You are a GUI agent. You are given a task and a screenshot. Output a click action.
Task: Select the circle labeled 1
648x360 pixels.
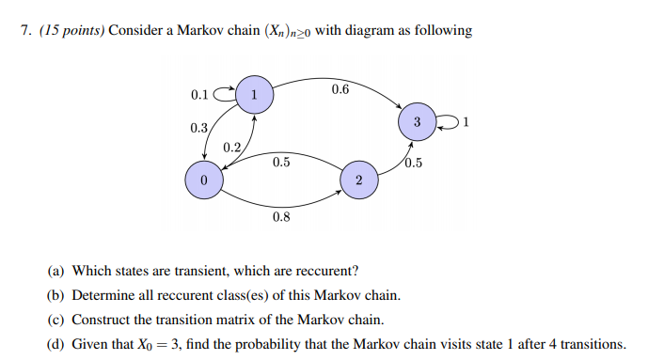[253, 94]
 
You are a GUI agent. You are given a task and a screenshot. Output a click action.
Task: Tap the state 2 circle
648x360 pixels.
[358, 180]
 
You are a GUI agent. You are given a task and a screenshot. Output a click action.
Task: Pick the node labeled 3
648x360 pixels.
[416, 122]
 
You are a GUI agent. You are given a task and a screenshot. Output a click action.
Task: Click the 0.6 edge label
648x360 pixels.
[340, 89]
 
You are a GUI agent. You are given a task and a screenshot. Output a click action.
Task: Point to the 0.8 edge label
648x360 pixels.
[280, 217]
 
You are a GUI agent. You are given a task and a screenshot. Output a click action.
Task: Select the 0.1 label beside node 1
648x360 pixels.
[199, 95]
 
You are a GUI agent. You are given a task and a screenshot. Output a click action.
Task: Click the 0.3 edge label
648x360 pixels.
[198, 128]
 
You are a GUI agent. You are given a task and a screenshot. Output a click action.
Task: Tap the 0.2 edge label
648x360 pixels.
[231, 148]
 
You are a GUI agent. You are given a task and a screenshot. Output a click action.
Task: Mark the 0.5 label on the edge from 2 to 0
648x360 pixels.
[280, 162]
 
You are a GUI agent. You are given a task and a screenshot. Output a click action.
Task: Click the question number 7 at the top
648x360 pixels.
[24, 31]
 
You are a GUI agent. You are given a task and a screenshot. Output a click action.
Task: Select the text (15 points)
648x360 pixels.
[71, 31]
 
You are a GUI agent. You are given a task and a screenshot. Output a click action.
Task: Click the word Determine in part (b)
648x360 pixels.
[101, 295]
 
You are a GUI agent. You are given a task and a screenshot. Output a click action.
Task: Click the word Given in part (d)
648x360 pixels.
[89, 343]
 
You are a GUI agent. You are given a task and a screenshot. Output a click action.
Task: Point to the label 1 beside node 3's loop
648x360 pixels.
[466, 122]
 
